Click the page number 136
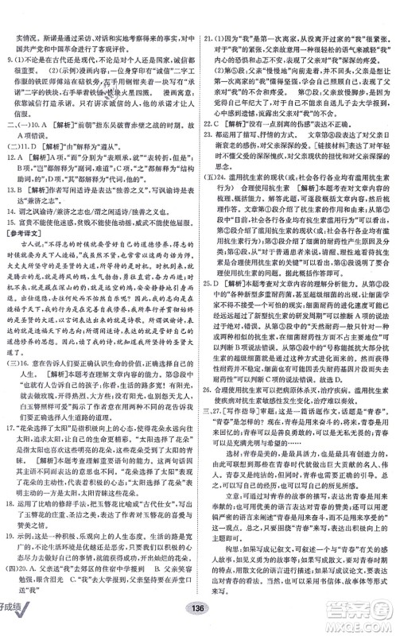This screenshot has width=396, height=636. pos(198,622)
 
